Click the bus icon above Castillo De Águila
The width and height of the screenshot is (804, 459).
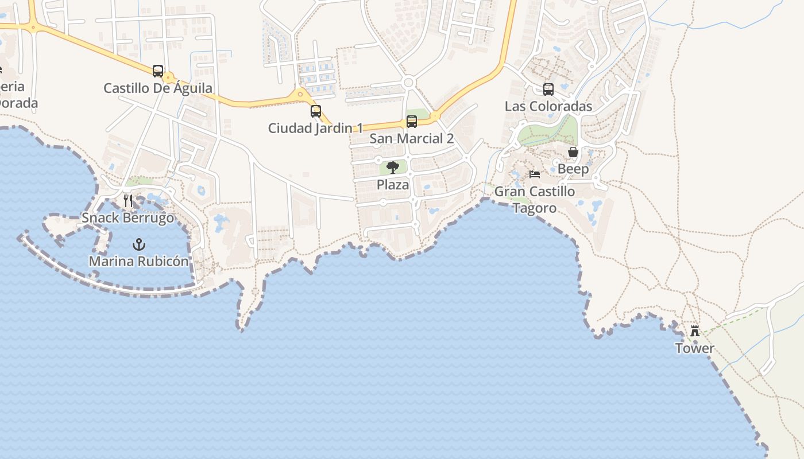point(158,71)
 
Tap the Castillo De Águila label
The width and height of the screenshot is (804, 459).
point(158,88)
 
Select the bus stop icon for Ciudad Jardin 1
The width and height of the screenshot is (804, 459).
point(315,111)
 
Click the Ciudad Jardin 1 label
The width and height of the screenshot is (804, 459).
point(315,128)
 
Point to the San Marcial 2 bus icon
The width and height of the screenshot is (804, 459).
point(412,122)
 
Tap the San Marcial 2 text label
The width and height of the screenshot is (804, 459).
point(412,138)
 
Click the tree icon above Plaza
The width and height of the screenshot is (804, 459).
point(393,168)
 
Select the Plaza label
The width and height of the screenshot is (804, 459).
point(393,185)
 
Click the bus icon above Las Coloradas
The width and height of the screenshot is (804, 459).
point(548,90)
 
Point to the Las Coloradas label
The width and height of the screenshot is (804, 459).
point(548,106)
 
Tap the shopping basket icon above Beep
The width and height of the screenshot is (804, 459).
point(573,152)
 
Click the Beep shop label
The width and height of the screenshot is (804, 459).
point(573,169)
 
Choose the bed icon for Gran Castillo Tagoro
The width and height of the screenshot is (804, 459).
point(535,174)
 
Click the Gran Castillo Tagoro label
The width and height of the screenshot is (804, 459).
point(535,199)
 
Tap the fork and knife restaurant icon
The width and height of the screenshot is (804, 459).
point(128,201)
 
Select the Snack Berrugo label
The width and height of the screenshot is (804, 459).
point(128,218)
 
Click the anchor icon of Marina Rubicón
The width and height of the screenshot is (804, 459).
point(138,245)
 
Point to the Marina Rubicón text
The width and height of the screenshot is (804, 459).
point(138,262)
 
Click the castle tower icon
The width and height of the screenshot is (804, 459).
point(695,331)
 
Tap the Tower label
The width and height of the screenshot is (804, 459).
point(695,348)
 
